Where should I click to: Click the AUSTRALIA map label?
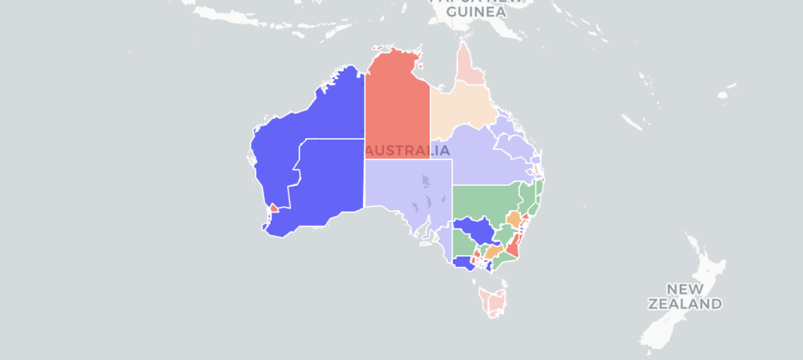(408, 150)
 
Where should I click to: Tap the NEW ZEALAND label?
(684, 296)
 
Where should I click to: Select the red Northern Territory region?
(397, 102)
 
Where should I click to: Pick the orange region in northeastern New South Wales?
(514, 217)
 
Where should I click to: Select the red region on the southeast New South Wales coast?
(513, 249)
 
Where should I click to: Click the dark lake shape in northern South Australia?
(424, 182)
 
